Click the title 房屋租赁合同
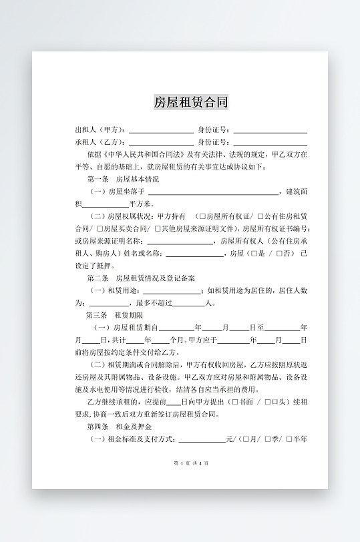pos(191,102)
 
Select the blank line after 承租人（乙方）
pos(161,143)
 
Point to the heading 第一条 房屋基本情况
pos(123,180)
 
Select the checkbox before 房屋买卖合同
pos(99,228)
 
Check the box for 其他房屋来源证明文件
pos(158,228)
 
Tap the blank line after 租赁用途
pos(172,290)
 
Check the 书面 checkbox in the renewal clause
pos(233,402)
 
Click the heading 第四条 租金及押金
pos(119,426)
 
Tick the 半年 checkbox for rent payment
pos(289,439)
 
